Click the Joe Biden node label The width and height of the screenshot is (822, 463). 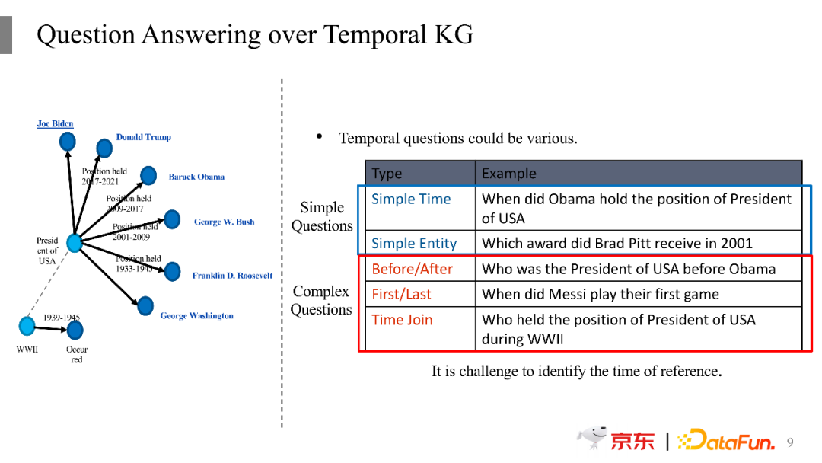coord(55,124)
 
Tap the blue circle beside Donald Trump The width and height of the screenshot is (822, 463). coord(104,148)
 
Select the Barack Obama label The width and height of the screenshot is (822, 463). coord(196,177)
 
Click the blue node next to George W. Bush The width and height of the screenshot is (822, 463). coord(172,219)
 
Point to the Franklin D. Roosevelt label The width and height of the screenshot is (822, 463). coord(232,275)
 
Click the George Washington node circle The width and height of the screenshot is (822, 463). coord(145,305)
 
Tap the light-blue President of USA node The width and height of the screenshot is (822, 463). coord(75,243)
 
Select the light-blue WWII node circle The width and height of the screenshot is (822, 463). coord(27,326)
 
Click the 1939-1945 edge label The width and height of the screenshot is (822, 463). coord(62,318)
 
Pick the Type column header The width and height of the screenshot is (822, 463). coord(387,174)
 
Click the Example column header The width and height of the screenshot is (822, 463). coord(509,174)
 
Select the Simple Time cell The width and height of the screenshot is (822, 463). coord(411,200)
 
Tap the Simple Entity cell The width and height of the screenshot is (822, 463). coord(414,243)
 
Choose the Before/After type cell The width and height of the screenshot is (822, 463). coord(412,269)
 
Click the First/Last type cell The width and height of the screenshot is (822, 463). coord(402,294)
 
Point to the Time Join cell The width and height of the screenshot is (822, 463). coord(402,320)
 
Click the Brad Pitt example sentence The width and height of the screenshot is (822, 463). coord(617,243)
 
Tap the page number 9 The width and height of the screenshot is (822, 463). coord(790,442)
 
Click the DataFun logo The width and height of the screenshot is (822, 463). coord(726,440)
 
